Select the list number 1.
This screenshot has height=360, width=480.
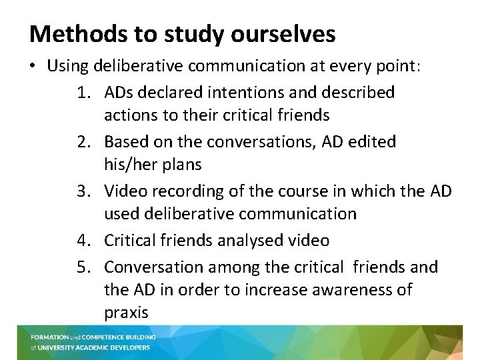click(87, 92)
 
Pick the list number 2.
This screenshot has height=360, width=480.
click(87, 141)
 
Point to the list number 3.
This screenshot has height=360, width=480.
click(87, 191)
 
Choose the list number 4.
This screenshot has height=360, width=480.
click(87, 240)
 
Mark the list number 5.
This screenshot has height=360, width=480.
click(87, 267)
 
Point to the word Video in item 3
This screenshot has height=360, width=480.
click(126, 191)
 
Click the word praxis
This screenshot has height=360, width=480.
click(126, 313)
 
